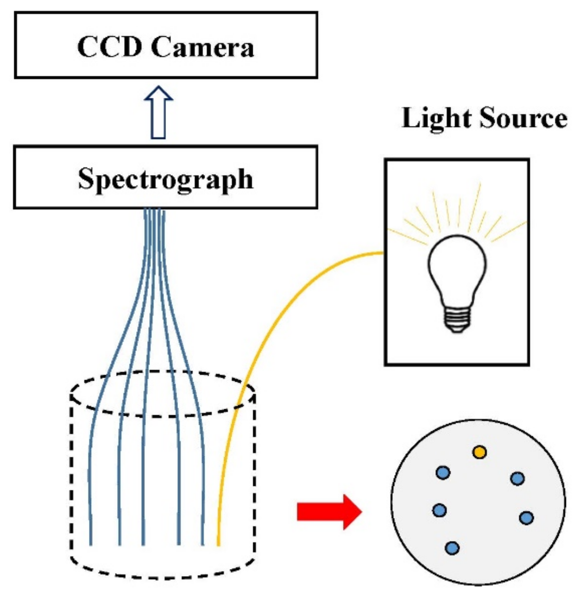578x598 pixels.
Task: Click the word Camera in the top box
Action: [x=203, y=47]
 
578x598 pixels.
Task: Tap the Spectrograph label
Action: [x=166, y=179]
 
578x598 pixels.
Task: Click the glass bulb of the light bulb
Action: [x=457, y=268]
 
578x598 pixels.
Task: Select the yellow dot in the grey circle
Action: [x=479, y=452]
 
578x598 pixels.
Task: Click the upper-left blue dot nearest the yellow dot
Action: [x=443, y=472]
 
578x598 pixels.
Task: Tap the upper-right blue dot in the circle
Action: [x=517, y=478]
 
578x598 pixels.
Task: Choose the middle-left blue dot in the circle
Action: [x=439, y=510]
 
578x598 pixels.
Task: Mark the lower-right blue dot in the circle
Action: [x=526, y=518]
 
